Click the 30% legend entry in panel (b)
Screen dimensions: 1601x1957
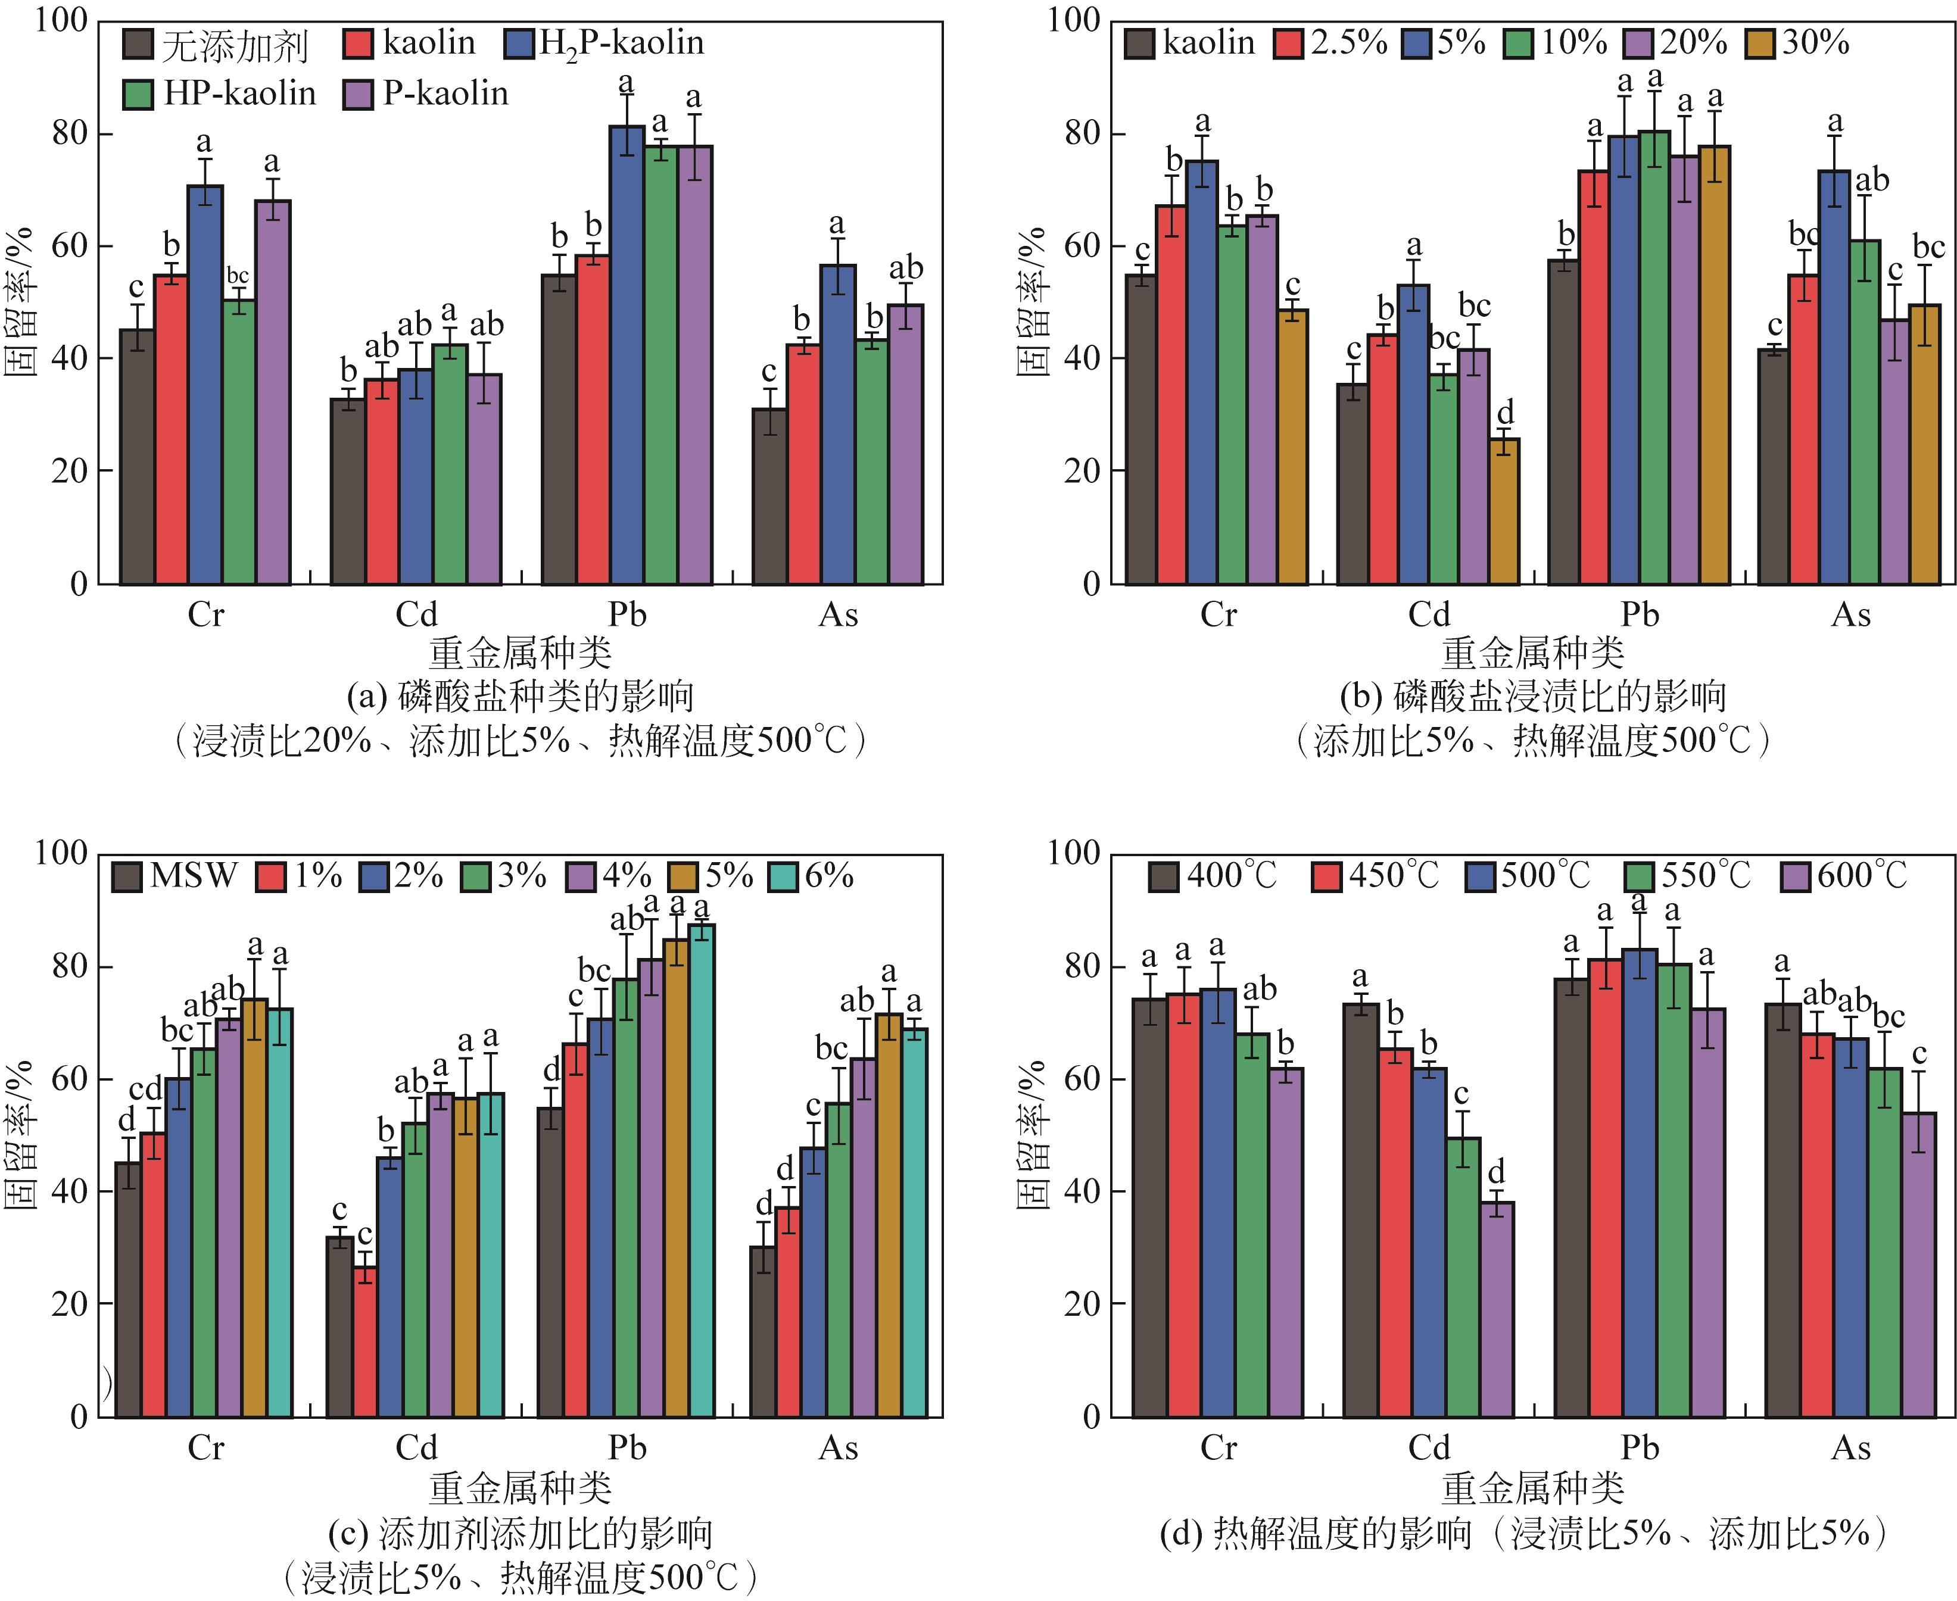click(1799, 43)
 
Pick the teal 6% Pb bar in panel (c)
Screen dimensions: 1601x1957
click(702, 1171)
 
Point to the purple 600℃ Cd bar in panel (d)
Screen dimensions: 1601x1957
click(1497, 1310)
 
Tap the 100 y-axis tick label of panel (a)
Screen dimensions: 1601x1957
click(61, 20)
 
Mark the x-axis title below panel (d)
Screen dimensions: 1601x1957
click(1533, 1487)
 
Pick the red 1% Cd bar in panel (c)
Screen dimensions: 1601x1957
click(365, 1342)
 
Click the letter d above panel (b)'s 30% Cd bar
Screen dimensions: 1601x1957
click(1505, 412)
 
